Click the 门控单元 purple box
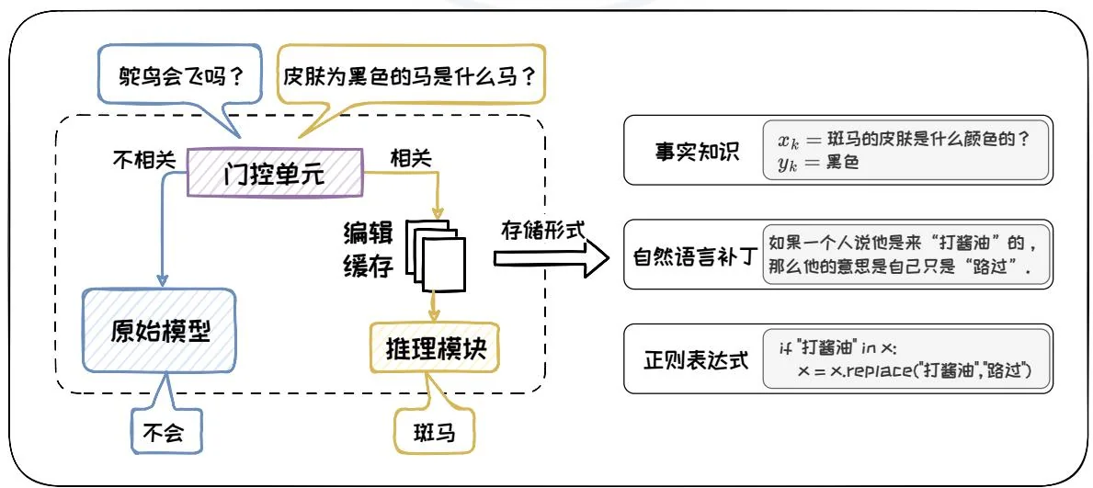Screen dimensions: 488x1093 pos(275,173)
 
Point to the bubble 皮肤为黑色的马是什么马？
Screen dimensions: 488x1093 pos(410,73)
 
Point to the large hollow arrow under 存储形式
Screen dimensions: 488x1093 pos(550,260)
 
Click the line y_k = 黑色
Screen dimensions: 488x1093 pos(809,162)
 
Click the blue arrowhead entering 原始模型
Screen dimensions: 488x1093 pos(162,280)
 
